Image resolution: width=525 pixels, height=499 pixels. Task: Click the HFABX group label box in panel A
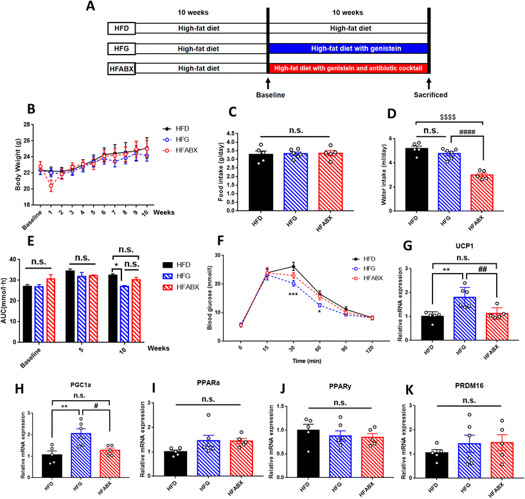pyautogui.click(x=122, y=67)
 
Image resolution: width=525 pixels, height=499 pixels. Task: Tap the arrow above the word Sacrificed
pyautogui.click(x=429, y=83)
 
